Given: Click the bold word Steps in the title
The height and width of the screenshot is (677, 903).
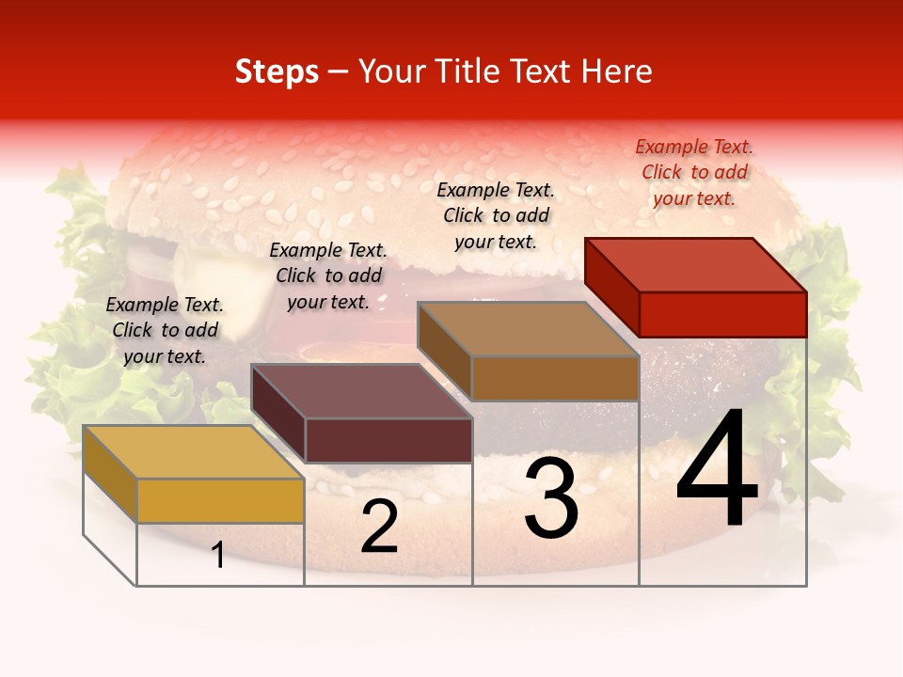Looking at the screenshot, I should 277,71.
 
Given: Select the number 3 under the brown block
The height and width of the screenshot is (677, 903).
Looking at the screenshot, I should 550,498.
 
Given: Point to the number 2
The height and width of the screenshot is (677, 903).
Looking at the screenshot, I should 379,527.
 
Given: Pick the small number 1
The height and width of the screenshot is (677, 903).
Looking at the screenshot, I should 217,556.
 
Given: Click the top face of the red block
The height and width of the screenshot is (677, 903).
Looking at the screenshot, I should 696,264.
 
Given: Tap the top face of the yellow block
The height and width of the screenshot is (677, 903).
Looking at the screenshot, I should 194,451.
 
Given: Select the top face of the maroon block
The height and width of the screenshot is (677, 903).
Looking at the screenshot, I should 361,391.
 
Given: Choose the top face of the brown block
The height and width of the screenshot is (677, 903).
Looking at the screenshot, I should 529,329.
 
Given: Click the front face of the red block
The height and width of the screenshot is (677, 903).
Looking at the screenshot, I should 722,314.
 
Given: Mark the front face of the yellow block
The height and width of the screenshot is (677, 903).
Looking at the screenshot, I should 220,500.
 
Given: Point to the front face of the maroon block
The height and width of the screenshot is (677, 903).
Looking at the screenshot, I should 388,440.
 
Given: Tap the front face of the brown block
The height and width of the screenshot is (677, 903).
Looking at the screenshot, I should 555,378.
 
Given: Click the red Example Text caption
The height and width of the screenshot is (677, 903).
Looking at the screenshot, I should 694,172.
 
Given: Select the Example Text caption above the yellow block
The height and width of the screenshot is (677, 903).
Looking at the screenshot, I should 165,330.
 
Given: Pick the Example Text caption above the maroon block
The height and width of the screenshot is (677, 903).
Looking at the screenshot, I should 328,276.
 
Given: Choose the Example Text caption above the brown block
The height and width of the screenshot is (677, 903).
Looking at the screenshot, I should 496,215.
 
